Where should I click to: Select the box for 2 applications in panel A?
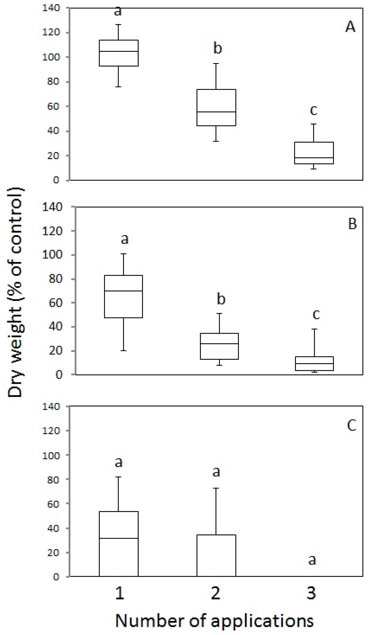pyautogui.click(x=216, y=107)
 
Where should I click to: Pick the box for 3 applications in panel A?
pyautogui.click(x=314, y=153)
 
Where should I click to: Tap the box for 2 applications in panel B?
pyautogui.click(x=219, y=346)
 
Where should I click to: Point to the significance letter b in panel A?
pyautogui.click(x=218, y=48)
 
